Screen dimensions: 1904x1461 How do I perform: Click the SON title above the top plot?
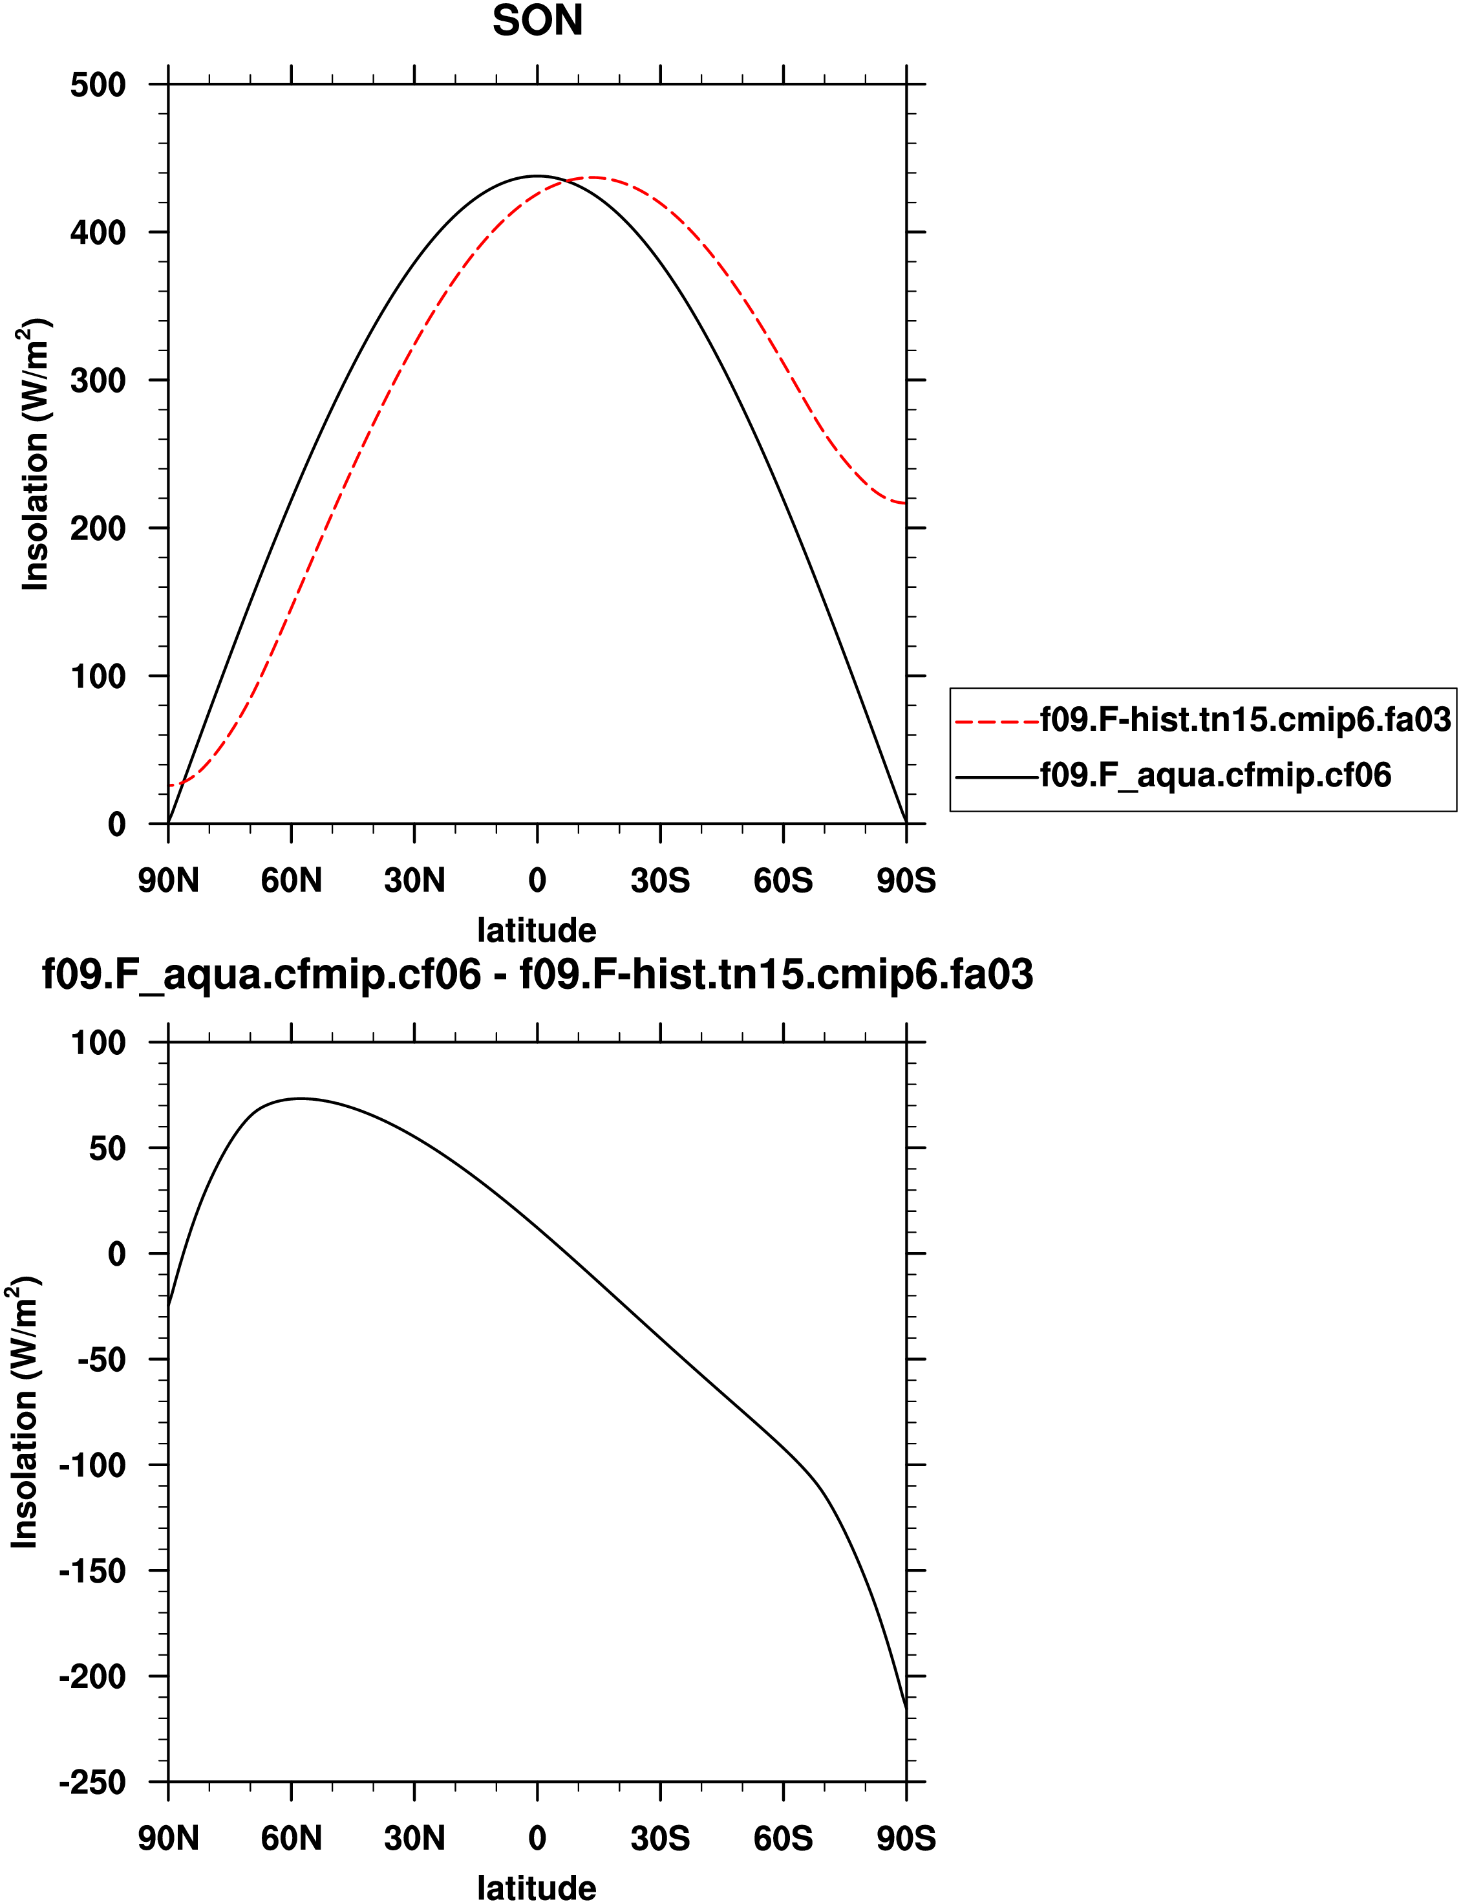pos(537,21)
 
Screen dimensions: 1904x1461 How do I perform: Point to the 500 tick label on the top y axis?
pos(98,85)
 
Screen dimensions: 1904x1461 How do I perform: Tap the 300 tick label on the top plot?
pos(98,381)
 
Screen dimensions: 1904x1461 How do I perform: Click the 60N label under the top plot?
pos(292,881)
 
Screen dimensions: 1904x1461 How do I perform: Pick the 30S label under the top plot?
pos(660,881)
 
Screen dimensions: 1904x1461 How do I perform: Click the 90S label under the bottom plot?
pos(906,1839)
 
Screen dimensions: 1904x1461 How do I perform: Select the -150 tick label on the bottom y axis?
pos(92,1571)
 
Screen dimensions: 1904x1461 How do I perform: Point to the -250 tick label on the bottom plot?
pos(92,1782)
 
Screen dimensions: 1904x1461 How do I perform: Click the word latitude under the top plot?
pos(537,931)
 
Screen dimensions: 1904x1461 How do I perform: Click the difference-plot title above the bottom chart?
pos(537,974)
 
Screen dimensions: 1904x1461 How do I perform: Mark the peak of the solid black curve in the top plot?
pos(537,176)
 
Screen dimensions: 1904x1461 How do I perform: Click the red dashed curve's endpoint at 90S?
pos(905,503)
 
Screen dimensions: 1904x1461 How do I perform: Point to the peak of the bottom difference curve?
pos(300,1099)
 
